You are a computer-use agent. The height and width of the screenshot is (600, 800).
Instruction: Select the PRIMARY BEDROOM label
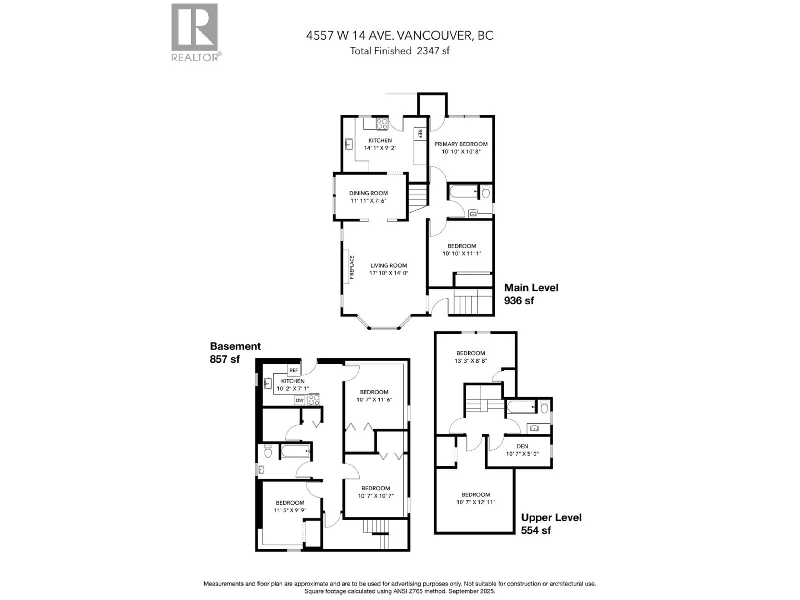[461, 144]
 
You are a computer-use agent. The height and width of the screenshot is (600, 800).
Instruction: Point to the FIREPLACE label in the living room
[351, 267]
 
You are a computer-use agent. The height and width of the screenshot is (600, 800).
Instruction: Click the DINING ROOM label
[368, 193]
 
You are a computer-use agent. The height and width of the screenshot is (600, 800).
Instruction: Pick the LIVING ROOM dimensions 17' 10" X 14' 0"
[388, 273]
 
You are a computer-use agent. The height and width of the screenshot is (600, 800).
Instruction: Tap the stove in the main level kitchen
[382, 124]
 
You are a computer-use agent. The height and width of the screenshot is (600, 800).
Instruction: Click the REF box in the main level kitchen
[420, 134]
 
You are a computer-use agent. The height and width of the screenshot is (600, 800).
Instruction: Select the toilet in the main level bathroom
[486, 192]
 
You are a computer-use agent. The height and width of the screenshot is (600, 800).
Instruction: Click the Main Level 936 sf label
[531, 294]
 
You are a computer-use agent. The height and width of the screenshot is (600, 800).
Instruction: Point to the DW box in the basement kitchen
[299, 400]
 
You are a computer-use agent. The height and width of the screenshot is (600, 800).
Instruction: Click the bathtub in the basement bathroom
[295, 451]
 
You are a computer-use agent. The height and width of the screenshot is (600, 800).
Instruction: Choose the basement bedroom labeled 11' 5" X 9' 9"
[290, 506]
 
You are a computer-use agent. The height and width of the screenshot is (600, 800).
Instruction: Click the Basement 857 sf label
[235, 352]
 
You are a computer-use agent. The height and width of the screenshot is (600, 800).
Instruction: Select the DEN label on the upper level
[522, 446]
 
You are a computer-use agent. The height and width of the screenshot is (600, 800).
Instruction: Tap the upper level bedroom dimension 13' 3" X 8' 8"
[471, 361]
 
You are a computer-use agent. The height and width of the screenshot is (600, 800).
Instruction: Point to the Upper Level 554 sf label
[551, 524]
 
